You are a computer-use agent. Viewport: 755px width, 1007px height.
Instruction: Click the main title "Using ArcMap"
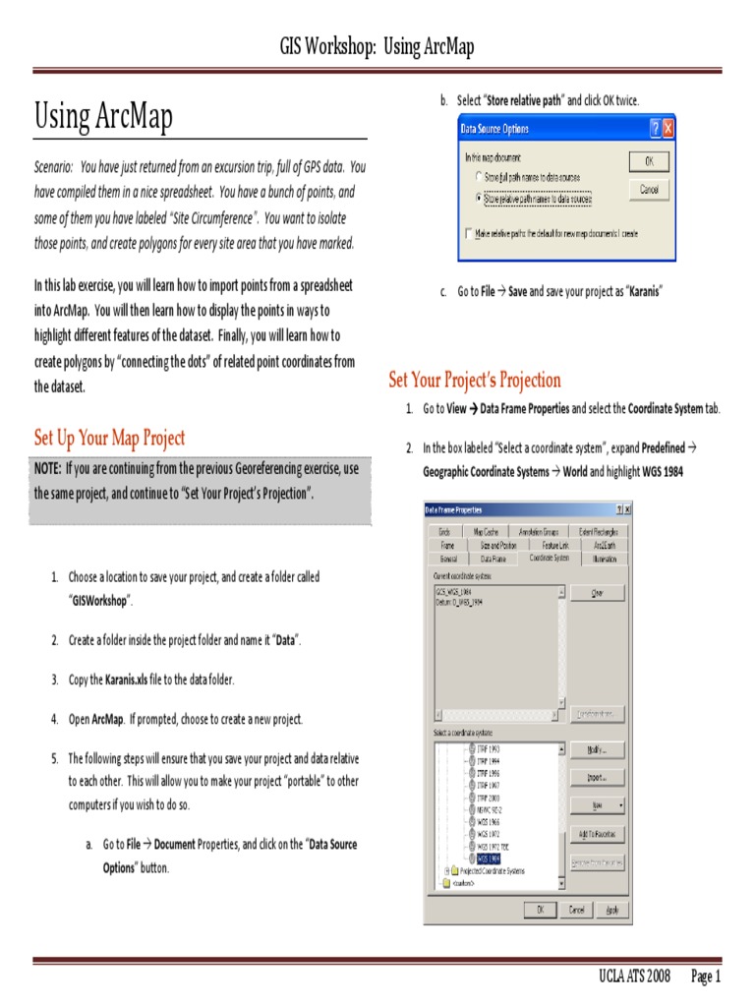104,117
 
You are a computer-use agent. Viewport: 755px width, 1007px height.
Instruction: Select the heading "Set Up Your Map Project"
109,438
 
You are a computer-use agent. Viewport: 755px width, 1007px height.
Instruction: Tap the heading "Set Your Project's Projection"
475,380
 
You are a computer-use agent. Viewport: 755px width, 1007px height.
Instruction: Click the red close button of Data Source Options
668,129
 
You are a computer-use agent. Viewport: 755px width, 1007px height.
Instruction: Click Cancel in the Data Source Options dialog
649,189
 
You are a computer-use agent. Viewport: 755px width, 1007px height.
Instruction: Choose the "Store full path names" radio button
479,176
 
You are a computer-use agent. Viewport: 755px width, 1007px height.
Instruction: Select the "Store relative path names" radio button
479,198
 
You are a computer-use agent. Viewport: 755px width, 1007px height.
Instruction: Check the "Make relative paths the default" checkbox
469,234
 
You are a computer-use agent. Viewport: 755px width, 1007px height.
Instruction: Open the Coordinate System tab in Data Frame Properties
549,558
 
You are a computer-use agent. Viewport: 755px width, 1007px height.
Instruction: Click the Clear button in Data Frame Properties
597,594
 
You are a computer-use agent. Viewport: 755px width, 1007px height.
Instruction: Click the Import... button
597,778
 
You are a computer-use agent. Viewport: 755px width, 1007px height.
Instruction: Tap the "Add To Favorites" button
597,834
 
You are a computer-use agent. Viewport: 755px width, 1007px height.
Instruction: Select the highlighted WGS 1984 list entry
489,858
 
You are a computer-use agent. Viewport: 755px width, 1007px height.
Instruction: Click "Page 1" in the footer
706,977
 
